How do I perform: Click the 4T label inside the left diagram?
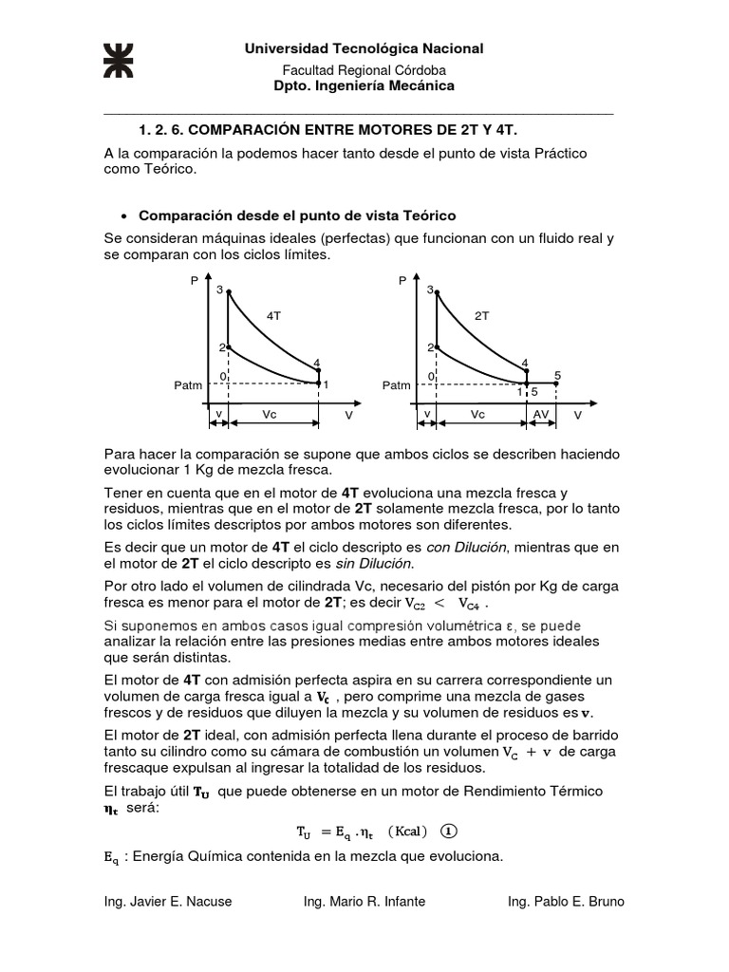[x=274, y=313]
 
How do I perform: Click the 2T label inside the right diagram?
[x=481, y=313]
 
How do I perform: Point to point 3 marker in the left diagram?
[x=228, y=290]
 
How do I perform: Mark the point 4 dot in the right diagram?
[x=527, y=370]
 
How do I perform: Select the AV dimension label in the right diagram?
[x=541, y=416]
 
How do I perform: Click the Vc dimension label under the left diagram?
[x=271, y=416]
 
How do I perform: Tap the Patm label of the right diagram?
[x=397, y=385]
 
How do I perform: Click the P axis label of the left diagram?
[x=195, y=281]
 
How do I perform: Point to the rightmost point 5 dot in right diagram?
[x=556, y=383]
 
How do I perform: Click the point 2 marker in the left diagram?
[x=228, y=347]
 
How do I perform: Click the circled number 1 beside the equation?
[x=449, y=831]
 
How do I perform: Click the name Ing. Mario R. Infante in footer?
[x=364, y=902]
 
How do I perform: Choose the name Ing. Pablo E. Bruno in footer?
[x=567, y=902]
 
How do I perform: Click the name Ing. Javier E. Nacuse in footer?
[x=168, y=902]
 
